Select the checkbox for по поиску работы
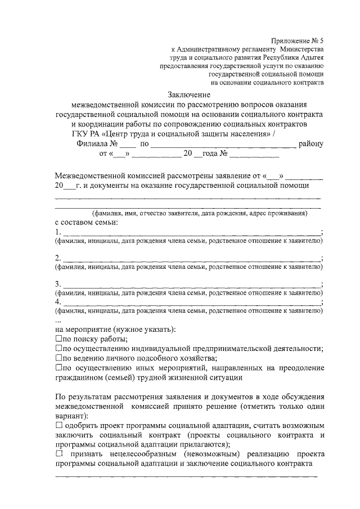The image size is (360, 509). (x=58, y=339)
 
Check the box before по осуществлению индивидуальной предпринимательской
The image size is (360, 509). (x=58, y=348)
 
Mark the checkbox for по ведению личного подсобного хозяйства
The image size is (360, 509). (x=58, y=358)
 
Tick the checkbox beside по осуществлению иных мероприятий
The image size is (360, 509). (x=58, y=367)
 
